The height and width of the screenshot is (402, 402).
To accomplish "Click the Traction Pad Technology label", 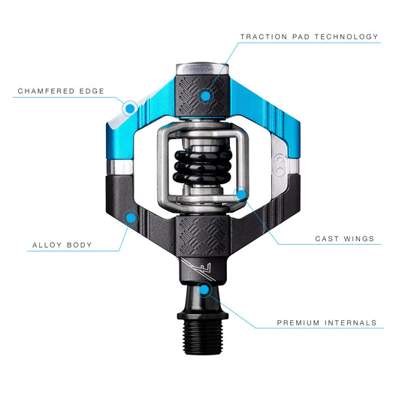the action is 309,37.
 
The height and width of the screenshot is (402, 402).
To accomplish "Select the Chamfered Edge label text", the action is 61,91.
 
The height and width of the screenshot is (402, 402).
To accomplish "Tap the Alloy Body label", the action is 62,245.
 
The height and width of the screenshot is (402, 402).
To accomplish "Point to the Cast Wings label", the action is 345,239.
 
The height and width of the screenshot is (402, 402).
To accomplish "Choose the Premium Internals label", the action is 327,322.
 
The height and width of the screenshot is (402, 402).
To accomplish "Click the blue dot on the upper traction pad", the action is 206,96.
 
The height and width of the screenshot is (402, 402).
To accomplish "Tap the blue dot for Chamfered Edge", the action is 130,108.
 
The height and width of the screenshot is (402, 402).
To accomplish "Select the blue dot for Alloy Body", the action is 131,218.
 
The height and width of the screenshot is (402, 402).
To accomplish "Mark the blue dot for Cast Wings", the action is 241,195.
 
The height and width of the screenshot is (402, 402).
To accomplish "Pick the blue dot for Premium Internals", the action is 204,290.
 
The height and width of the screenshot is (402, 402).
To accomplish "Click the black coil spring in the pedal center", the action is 203,167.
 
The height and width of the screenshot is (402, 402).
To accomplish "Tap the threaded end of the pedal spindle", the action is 203,337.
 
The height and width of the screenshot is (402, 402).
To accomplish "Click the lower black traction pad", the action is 203,236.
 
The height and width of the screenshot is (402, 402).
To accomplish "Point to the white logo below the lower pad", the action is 198,270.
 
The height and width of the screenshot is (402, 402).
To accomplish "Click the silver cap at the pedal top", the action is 202,69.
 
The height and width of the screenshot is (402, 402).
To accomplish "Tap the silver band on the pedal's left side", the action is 119,168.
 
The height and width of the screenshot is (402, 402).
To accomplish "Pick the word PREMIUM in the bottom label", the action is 298,322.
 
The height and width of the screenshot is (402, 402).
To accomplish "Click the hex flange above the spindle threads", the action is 203,316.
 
